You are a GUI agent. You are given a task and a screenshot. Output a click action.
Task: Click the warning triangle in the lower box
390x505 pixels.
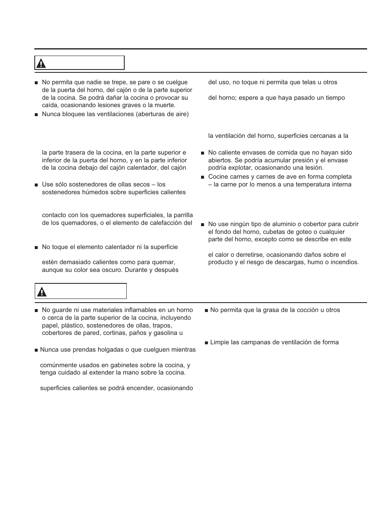42,292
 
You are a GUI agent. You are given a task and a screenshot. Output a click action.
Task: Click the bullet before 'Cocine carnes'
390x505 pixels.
202,177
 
